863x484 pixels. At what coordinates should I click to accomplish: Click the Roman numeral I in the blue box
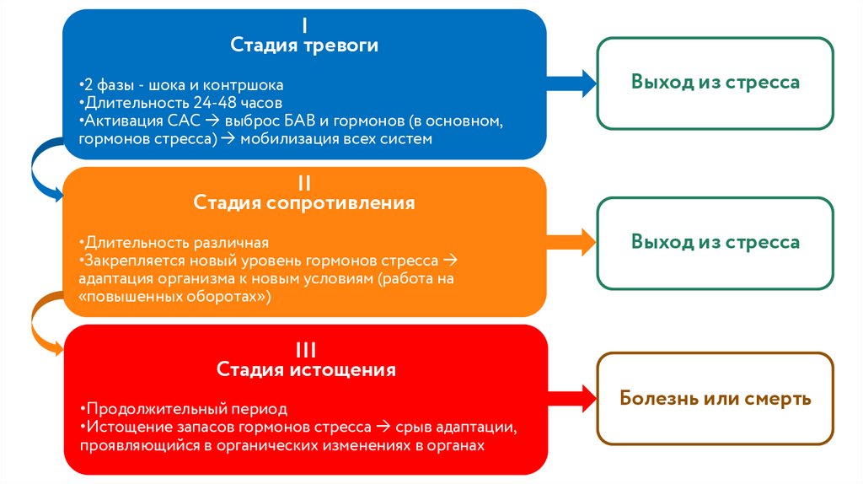point(304,25)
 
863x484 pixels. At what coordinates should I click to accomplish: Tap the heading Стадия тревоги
point(304,46)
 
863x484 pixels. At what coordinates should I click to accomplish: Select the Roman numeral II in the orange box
point(304,183)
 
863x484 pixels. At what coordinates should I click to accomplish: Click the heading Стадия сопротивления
point(304,203)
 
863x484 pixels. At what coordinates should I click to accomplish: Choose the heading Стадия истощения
point(306,370)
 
